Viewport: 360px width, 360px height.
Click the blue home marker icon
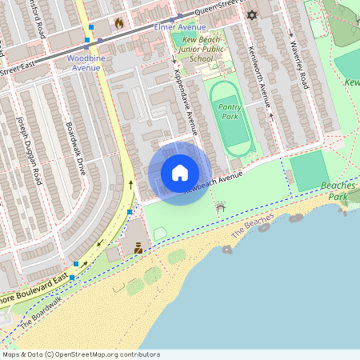coord(180,174)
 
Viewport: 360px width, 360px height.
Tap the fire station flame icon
coord(119,23)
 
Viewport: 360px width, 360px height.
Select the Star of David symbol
coord(253,15)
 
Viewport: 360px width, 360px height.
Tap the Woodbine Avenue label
coord(84,63)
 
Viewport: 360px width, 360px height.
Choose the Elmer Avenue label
coord(179,27)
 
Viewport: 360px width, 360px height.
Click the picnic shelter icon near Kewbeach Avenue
coord(221,208)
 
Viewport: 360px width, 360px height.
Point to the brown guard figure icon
coord(138,250)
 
